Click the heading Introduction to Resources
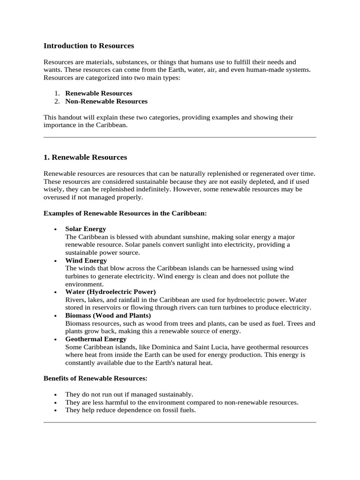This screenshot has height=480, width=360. [89, 46]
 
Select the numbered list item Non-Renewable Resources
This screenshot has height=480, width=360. [106, 101]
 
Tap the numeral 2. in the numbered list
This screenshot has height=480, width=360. [57, 101]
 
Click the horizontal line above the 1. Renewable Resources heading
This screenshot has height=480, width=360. [180, 137]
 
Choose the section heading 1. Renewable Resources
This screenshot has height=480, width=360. [85, 157]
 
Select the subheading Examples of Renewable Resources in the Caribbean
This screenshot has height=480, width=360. [125, 213]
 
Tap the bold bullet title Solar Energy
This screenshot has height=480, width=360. [85, 229]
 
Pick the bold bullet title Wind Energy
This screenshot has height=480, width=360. [86, 260]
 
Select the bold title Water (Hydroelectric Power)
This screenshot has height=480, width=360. [110, 292]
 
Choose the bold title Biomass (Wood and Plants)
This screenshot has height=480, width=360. [108, 315]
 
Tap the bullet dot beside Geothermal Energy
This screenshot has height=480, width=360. [56, 339]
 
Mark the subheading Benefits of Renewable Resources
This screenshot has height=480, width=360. [95, 378]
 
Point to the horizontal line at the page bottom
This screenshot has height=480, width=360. [180, 422]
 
